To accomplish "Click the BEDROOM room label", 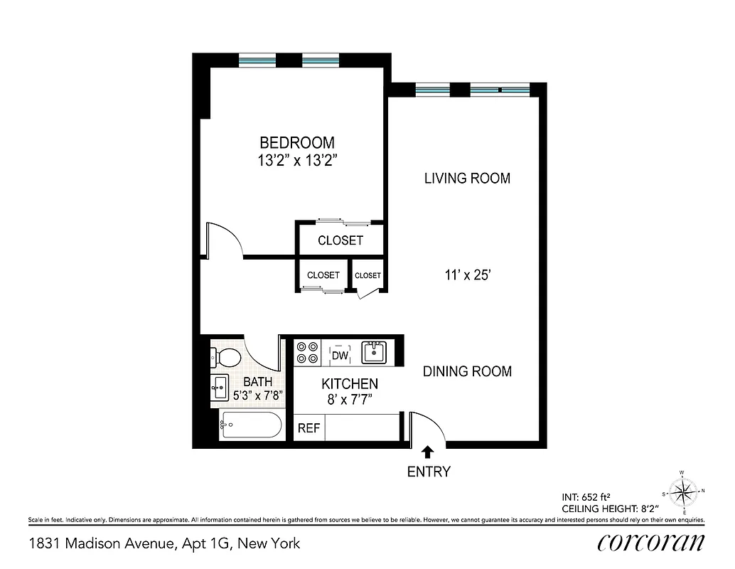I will click(296, 143).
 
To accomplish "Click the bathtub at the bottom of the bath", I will click(250, 425).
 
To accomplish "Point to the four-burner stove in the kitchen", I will click(307, 353).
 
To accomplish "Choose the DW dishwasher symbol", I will click(340, 353).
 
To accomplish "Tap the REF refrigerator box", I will click(308, 428).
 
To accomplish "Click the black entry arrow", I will click(427, 451).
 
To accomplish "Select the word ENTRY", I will click(428, 471).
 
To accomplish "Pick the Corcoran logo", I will click(651, 542).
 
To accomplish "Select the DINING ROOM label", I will click(467, 371).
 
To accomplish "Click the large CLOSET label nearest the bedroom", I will click(340, 240).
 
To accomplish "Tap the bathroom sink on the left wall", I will click(220, 387).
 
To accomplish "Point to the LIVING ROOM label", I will click(467, 178).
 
